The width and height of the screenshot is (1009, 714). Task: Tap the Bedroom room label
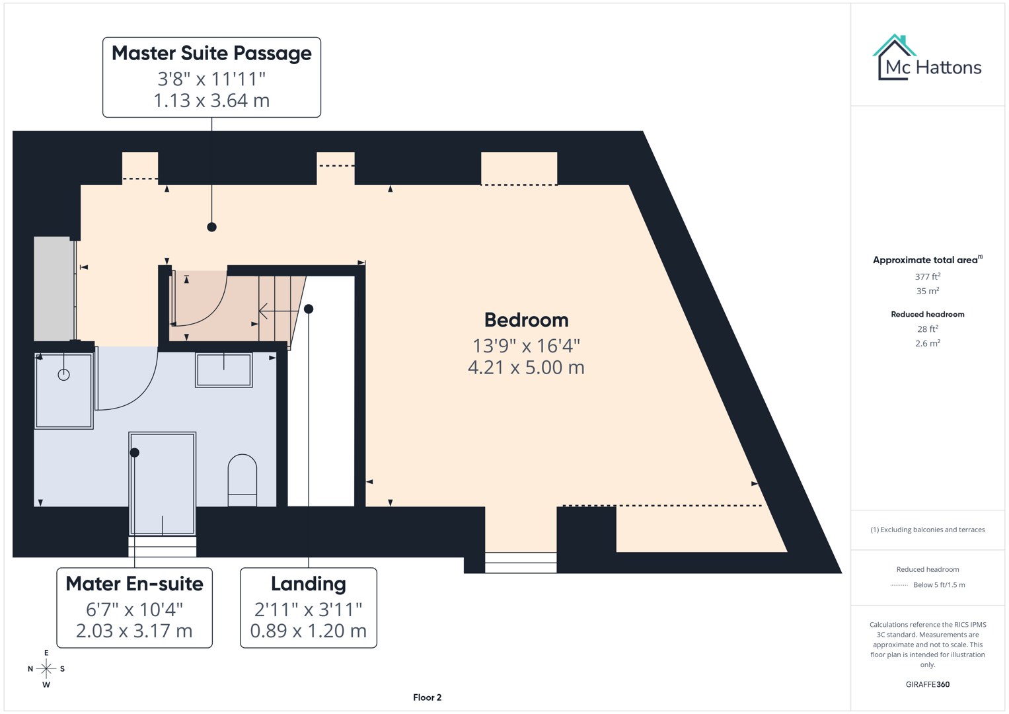click(526, 320)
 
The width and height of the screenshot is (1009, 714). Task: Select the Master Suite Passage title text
click(211, 54)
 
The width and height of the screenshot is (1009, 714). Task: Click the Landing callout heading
click(308, 584)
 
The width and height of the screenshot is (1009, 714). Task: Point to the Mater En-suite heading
click(134, 584)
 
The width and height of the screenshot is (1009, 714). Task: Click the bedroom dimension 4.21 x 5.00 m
click(526, 368)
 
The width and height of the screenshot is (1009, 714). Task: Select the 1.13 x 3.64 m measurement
click(211, 100)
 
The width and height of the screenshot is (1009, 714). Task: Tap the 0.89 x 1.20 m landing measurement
click(308, 631)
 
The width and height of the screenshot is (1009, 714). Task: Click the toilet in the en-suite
click(243, 479)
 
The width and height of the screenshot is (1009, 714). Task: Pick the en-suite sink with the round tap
click(63, 391)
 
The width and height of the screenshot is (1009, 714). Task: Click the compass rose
click(46, 669)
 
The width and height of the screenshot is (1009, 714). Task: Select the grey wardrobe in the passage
click(53, 288)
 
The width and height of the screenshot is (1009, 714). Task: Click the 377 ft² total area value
click(927, 277)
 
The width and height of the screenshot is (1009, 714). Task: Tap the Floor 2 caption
click(427, 697)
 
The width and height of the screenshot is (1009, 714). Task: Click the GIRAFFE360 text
click(927, 684)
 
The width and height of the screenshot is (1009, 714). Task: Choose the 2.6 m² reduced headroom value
click(927, 343)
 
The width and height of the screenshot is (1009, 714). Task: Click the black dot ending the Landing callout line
click(309, 309)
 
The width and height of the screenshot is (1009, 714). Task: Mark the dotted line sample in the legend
click(899, 585)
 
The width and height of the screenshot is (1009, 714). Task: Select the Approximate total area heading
click(925, 260)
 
